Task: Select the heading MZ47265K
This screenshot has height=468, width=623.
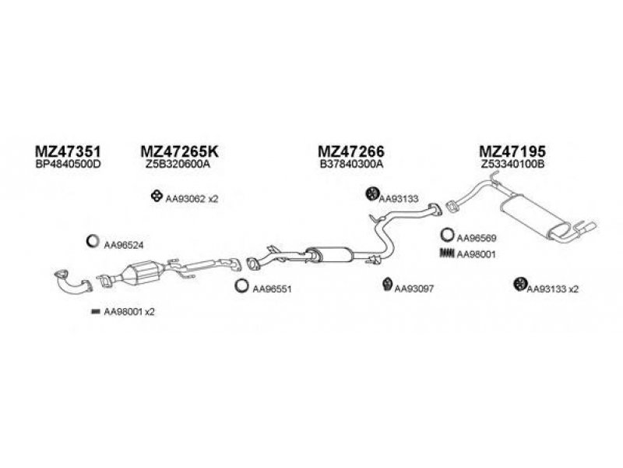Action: (x=180, y=151)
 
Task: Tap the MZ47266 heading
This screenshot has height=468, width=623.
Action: (x=351, y=151)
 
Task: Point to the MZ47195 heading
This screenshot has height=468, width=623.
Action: (x=512, y=151)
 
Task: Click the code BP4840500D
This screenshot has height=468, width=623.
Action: (x=69, y=165)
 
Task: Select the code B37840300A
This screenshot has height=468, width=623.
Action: (x=351, y=165)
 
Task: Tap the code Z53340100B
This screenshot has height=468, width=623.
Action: (x=512, y=165)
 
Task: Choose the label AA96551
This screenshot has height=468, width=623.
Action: (x=272, y=289)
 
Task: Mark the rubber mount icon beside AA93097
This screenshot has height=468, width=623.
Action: (x=386, y=286)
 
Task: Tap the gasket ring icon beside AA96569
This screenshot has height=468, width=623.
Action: (x=447, y=234)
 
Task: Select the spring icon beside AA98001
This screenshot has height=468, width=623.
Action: (x=446, y=253)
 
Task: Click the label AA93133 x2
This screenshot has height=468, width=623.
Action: (x=553, y=289)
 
